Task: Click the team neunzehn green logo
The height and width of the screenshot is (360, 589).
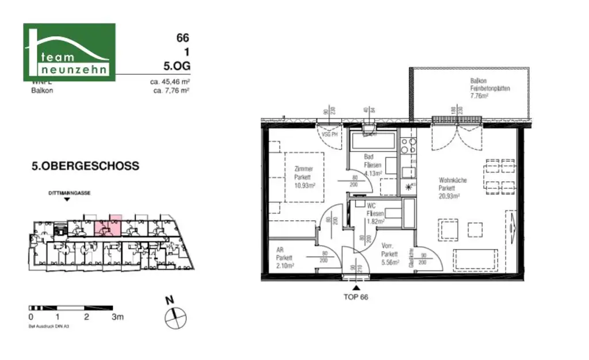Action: click(69, 52)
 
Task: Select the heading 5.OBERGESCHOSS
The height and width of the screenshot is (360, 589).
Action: click(85, 166)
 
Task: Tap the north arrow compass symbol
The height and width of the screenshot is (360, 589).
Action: click(174, 315)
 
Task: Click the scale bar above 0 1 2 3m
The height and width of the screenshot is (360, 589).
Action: click(71, 308)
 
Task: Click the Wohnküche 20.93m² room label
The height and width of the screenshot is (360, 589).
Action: click(452, 188)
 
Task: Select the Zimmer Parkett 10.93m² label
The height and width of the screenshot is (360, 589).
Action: click(303, 177)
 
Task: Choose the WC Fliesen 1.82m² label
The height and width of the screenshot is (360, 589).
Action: click(375, 213)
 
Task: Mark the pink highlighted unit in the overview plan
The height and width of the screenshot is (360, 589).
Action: click(108, 225)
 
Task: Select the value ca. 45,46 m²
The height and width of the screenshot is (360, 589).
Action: click(170, 82)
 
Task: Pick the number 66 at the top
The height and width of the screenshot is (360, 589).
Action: click(182, 38)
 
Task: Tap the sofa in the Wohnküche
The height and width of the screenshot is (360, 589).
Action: click(475, 259)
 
